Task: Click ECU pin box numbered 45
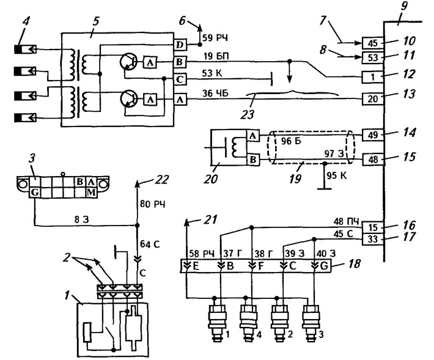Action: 373,43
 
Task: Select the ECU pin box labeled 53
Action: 373,57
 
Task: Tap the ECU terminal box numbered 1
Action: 373,76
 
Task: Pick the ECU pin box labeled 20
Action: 373,98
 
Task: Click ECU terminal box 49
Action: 373,134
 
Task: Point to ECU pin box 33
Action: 373,239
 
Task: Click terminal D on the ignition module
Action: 180,45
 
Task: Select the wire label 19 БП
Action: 216,56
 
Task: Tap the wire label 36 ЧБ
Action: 215,94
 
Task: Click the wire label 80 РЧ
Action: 152,204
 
